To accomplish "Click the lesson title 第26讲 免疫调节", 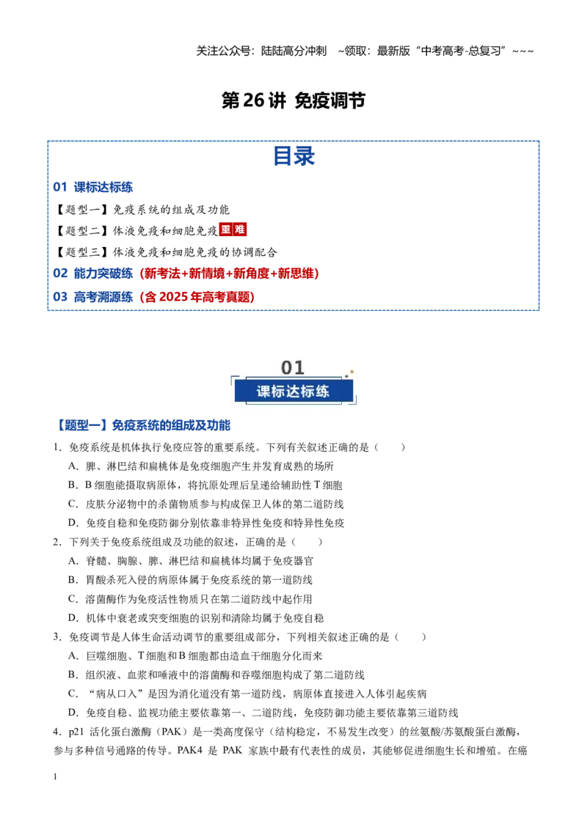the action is (293, 100).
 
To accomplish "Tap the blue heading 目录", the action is (293, 156).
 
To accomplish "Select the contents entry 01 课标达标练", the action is (92, 187).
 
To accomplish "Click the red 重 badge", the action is (226, 229).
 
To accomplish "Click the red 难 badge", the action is (239, 229).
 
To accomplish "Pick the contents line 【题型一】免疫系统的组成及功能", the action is (142, 210).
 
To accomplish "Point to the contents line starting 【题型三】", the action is (166, 252).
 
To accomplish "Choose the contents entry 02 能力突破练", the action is (92, 273).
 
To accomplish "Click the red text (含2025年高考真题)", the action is (197, 296).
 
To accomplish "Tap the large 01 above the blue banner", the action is (293, 367).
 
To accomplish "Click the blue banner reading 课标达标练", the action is (293, 392).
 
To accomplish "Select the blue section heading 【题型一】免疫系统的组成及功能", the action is (142, 425).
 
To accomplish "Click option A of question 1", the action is (201, 466).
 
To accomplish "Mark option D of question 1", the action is (206, 523).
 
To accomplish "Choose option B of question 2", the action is (190, 580).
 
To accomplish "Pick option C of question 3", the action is (247, 694).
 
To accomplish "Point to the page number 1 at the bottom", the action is (55, 776).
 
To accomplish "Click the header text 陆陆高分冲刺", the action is (293, 51).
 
